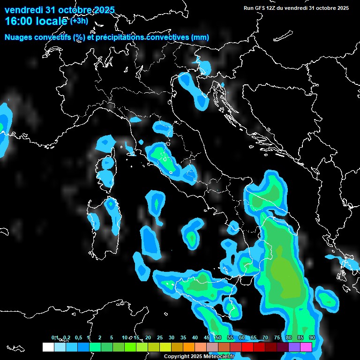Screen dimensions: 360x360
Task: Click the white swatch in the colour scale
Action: point(48,347)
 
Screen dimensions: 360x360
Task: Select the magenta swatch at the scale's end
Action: point(306,347)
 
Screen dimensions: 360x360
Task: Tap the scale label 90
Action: point(312,338)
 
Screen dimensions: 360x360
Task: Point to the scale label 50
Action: point(218,338)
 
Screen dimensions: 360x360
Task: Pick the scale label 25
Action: point(160,338)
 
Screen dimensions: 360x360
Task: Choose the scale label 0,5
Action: point(78,338)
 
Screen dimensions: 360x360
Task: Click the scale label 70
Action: point(265,338)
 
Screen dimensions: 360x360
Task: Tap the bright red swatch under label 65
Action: point(247,347)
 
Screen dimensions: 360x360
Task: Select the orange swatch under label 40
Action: point(188,347)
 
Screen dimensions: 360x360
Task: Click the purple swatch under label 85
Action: point(294,347)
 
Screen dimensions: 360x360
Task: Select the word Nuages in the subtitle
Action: point(18,37)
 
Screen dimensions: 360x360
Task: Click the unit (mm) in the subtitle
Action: point(200,37)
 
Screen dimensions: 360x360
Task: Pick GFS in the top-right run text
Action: point(260,8)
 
